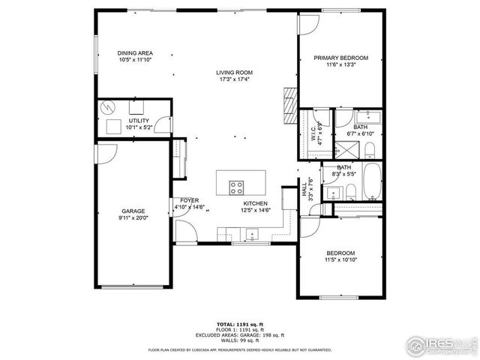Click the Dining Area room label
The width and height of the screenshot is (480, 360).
click(x=135, y=53)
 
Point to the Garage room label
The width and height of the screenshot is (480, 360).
click(x=133, y=211)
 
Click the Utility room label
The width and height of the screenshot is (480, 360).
click(x=139, y=121)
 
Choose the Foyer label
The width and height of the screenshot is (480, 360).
click(x=189, y=201)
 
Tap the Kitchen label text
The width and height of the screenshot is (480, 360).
click(x=255, y=203)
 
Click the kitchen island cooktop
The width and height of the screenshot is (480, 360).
click(x=238, y=187)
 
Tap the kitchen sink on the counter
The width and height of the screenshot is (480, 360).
click(x=250, y=233)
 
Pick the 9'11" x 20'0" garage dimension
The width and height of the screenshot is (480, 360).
click(x=133, y=219)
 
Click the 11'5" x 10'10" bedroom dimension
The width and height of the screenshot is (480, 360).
click(x=340, y=260)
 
